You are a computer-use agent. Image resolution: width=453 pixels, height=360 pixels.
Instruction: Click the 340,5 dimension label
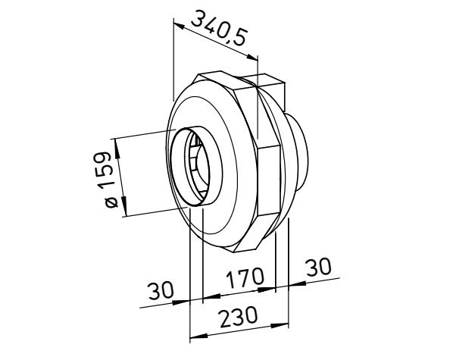[219, 28]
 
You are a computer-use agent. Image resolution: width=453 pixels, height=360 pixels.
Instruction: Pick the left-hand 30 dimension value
[161, 290]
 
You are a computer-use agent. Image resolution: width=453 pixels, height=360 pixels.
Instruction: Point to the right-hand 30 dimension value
[318, 267]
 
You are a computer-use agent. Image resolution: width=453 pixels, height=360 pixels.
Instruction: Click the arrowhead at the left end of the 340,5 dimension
[180, 25]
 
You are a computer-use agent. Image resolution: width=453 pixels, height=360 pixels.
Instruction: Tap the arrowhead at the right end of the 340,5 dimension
[252, 58]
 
